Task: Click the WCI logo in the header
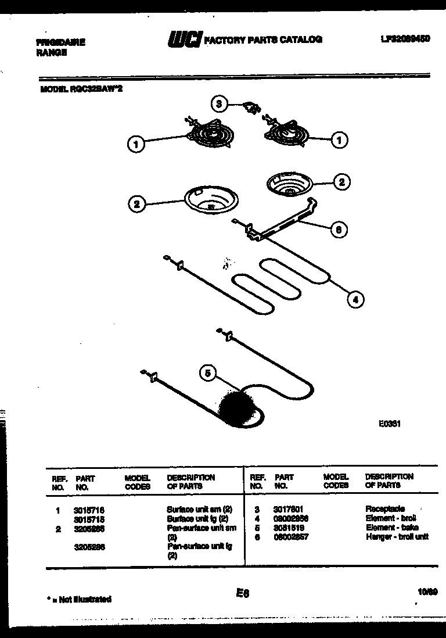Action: pos(185,40)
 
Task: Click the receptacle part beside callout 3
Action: pos(251,107)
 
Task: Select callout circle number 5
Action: pos(208,372)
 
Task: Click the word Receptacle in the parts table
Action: pos(385,508)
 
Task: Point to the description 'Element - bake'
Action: pos(391,527)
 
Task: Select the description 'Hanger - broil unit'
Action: pos(397,536)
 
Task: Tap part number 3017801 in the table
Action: pos(289,508)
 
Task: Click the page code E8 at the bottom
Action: pos(242,593)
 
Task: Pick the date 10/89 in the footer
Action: pos(427,592)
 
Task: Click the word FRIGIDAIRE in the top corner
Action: pos(60,42)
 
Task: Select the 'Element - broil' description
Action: pos(391,518)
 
